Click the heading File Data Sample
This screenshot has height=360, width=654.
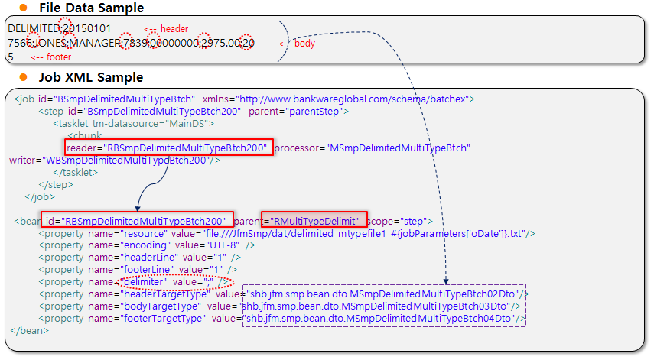coord(91,8)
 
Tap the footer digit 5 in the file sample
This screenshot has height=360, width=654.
coord(11,56)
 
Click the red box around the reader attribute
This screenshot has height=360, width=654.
coord(168,147)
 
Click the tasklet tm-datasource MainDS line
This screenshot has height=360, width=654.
coord(134,123)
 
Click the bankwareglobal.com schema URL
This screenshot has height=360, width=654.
coord(355,99)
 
